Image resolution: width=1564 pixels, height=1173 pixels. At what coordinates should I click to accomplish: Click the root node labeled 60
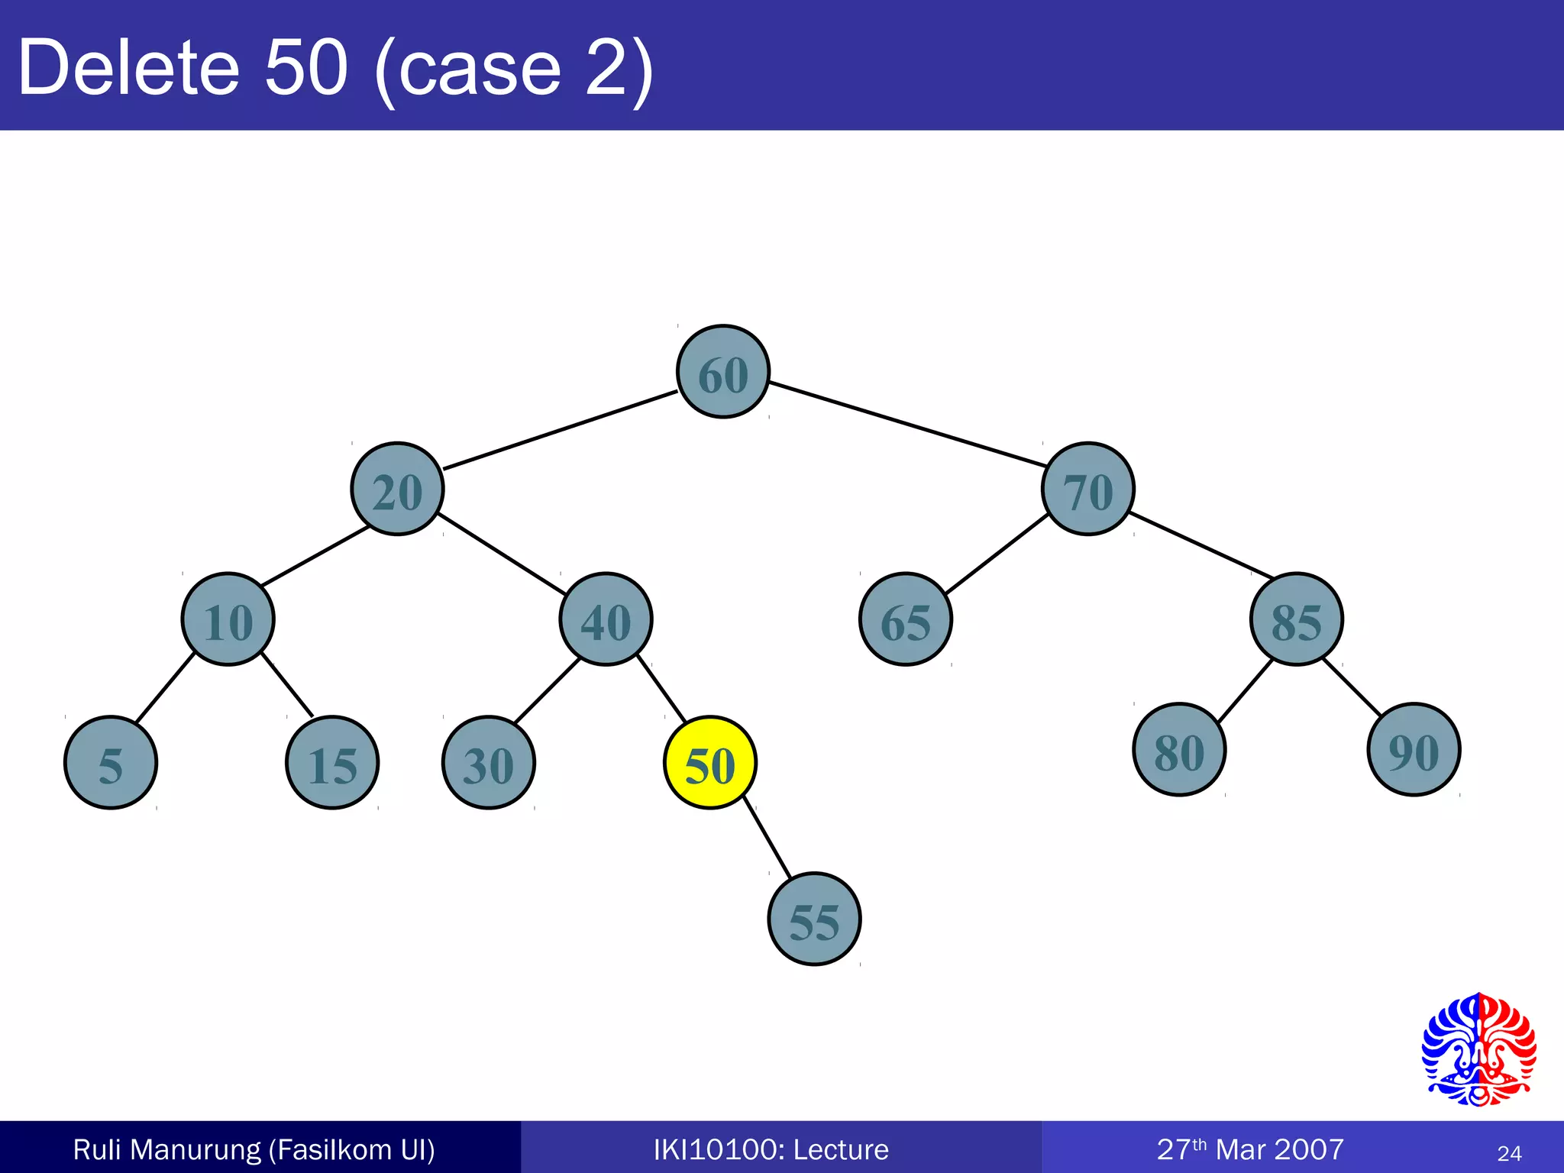click(x=723, y=372)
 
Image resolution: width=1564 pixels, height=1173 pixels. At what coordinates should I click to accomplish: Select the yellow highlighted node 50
click(x=710, y=762)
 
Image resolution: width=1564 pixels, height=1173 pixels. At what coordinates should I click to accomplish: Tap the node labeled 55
click(x=814, y=919)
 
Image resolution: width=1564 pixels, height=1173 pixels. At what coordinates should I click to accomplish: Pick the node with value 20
click(x=397, y=489)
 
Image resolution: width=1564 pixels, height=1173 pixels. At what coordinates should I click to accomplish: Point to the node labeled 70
click(x=1088, y=489)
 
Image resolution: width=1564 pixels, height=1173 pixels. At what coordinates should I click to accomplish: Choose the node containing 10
click(x=228, y=619)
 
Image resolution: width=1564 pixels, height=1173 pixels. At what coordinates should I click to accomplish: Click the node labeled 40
click(x=606, y=619)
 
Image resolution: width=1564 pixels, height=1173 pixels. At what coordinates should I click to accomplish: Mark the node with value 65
click(x=906, y=619)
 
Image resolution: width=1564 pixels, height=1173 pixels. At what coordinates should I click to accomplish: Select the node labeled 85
click(x=1296, y=619)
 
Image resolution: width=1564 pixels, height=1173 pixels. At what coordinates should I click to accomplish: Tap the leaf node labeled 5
click(x=111, y=762)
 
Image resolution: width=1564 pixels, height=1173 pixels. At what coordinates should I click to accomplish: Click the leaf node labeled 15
click(x=332, y=762)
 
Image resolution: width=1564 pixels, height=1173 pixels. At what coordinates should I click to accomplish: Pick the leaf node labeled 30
click(x=489, y=762)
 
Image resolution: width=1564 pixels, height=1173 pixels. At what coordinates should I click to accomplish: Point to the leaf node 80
click(x=1179, y=750)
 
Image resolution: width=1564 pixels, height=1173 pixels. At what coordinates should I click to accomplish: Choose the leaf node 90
click(x=1414, y=750)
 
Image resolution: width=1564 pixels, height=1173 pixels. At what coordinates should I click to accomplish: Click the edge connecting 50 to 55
click(x=767, y=839)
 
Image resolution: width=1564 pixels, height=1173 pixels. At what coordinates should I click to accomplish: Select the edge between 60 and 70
click(x=907, y=424)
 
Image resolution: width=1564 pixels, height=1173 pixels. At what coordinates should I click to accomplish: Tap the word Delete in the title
click(x=128, y=69)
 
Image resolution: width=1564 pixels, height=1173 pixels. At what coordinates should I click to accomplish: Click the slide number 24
click(x=1509, y=1153)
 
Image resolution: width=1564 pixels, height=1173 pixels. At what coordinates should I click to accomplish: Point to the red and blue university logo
click(x=1478, y=1049)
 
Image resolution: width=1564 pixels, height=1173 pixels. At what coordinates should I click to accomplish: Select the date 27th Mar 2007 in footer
click(x=1250, y=1149)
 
